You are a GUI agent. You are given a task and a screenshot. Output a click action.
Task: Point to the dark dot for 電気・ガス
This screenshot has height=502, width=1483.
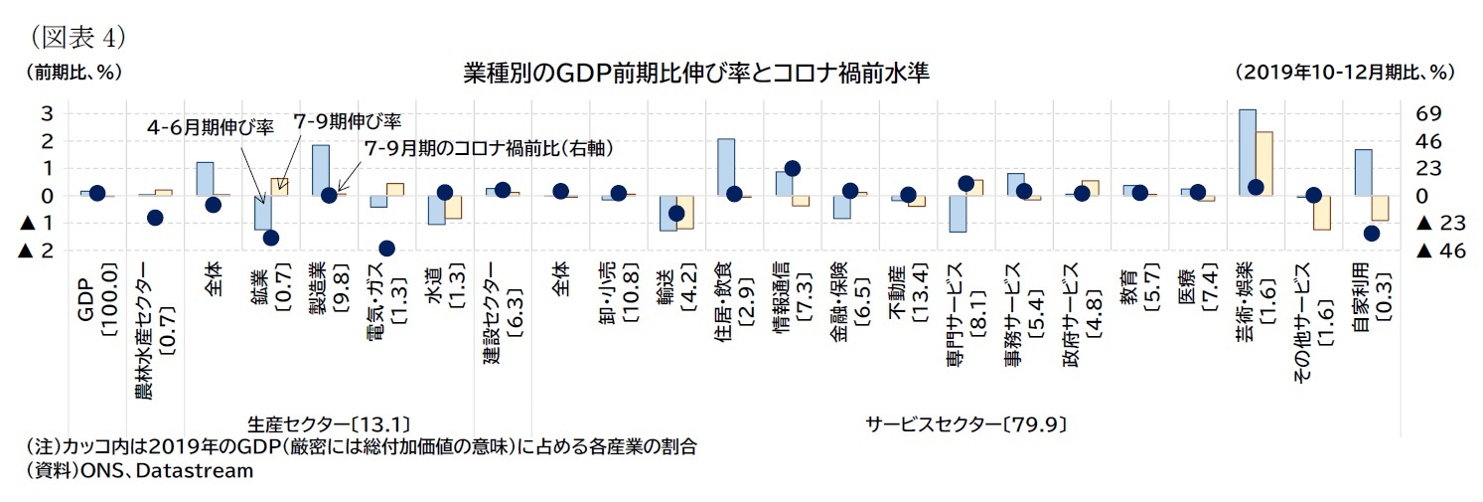pyautogui.click(x=386, y=248)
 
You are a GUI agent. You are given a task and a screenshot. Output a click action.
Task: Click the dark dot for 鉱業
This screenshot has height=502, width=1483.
pyautogui.click(x=270, y=237)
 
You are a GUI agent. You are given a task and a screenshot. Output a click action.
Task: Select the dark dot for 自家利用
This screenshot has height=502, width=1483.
pyautogui.click(x=1371, y=233)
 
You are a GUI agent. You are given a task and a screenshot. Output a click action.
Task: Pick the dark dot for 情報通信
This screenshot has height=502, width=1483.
pyautogui.click(x=792, y=169)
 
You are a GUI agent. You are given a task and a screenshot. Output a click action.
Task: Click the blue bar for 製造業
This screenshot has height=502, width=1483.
pyautogui.click(x=320, y=170)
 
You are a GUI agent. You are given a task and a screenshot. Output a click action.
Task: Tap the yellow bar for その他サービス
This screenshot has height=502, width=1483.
pyautogui.click(x=1321, y=213)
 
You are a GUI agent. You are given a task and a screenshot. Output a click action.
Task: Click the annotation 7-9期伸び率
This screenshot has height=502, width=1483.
pyautogui.click(x=347, y=121)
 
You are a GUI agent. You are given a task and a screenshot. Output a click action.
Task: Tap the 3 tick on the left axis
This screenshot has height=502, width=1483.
pyautogui.click(x=45, y=113)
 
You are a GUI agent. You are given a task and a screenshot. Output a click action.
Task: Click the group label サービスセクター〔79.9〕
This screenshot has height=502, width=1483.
pyautogui.click(x=965, y=423)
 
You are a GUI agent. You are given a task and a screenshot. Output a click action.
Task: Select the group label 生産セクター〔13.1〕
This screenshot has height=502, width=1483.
pyautogui.click(x=329, y=423)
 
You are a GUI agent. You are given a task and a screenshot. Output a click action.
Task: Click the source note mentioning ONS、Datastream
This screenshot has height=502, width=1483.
pyautogui.click(x=140, y=471)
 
